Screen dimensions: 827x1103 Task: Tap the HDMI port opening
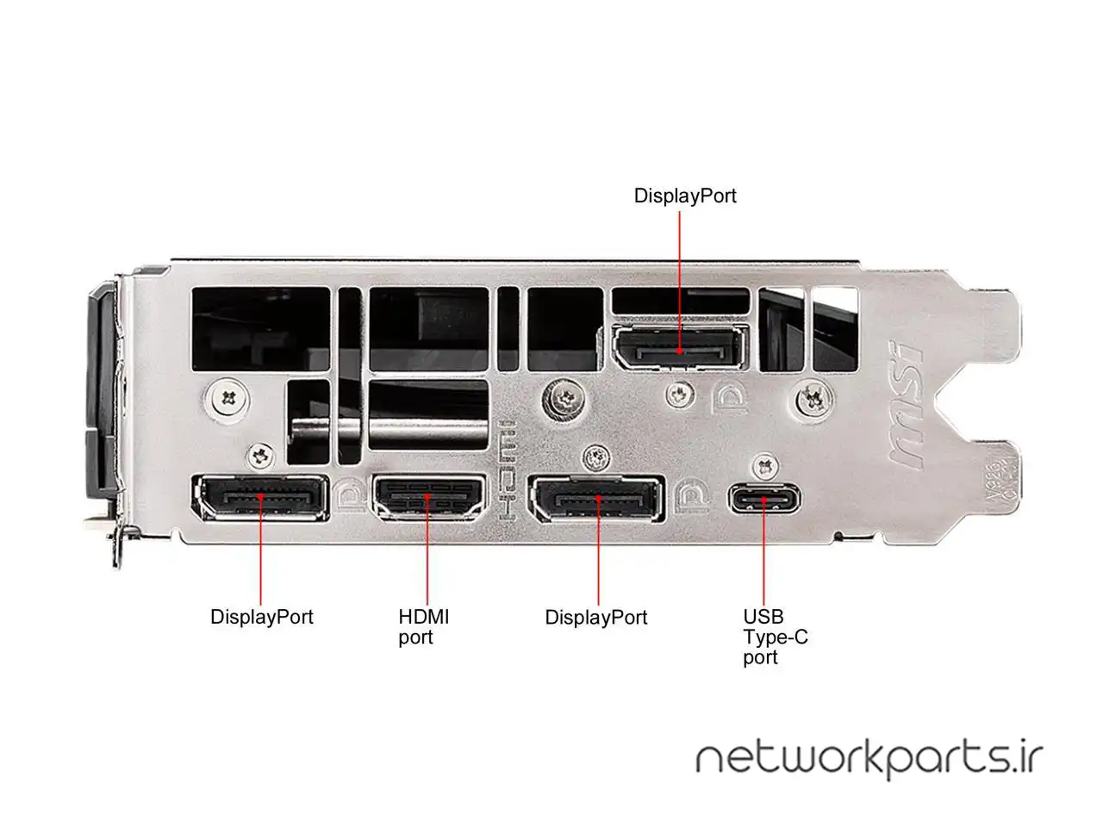(x=428, y=498)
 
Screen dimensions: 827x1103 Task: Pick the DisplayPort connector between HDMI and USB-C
(x=596, y=501)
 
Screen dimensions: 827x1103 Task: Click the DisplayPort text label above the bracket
(x=685, y=196)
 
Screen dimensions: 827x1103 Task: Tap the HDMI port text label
(x=424, y=627)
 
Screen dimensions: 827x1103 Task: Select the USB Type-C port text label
(x=775, y=637)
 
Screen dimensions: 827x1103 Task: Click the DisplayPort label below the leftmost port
(x=262, y=617)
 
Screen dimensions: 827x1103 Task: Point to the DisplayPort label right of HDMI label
(x=596, y=618)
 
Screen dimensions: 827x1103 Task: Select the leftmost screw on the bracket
(x=228, y=398)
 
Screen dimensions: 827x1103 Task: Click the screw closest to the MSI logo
(x=811, y=398)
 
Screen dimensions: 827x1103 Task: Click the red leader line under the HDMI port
(x=428, y=560)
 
